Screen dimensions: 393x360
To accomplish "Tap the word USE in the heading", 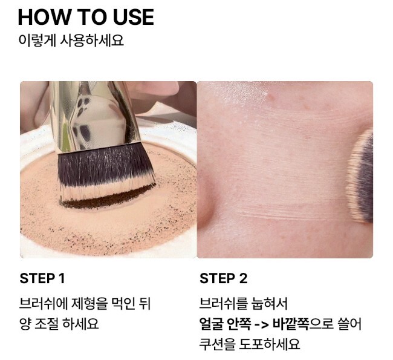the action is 134,17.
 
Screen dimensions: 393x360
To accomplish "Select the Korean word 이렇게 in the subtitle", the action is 37,40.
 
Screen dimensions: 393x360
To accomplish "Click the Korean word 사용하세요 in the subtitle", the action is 92,40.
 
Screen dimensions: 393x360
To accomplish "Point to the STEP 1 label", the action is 42,278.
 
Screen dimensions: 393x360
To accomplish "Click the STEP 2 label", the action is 223,278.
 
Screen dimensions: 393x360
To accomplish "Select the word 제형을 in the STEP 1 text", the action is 89,303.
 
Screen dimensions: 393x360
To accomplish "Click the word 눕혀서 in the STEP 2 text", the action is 269,303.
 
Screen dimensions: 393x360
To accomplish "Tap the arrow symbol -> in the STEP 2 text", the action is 261,325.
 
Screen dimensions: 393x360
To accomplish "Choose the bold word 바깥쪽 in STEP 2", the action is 290,324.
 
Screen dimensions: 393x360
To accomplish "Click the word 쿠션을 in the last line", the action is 217,344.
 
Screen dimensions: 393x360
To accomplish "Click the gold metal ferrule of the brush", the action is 94,116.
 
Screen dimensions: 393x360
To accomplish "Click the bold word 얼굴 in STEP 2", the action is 211,324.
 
